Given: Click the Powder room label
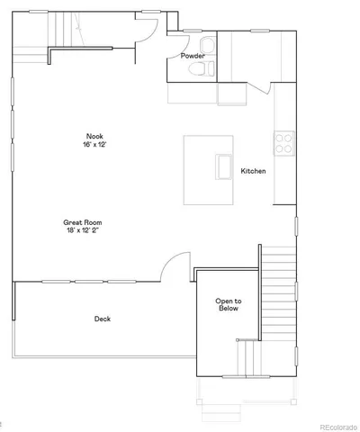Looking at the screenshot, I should [192, 56].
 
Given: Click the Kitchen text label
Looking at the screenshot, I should [253, 170].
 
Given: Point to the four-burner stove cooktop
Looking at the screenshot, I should [284, 142].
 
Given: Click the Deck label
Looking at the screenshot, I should [103, 319].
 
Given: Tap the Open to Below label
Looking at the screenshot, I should [227, 305].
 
